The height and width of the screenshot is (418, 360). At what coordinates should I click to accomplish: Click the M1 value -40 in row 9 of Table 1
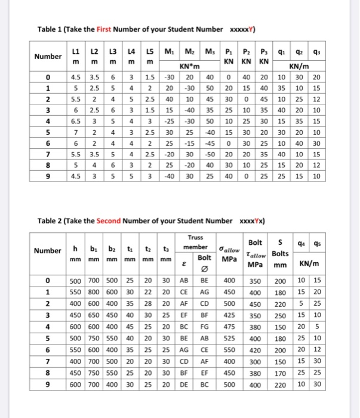click(169, 176)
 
